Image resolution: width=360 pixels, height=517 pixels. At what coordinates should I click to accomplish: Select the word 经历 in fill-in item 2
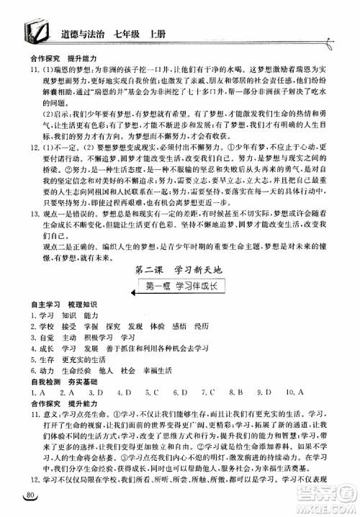click(201, 326)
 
